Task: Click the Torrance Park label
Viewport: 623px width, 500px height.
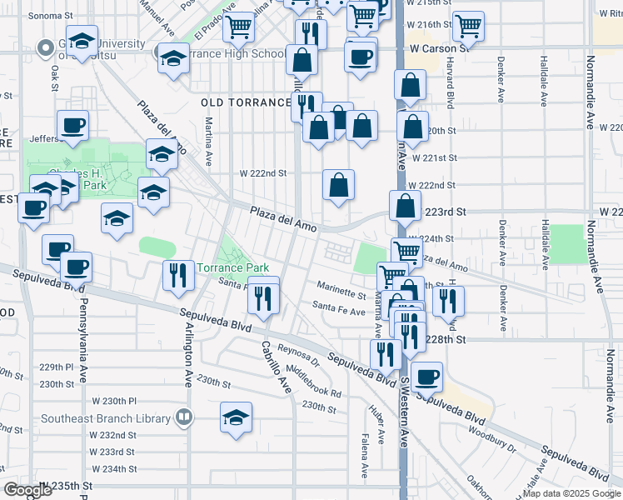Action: point(232,267)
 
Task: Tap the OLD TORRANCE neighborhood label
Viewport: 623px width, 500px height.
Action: point(246,102)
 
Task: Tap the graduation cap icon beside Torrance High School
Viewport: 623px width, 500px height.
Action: point(173,59)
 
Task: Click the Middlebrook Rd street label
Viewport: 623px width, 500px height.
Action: point(313,381)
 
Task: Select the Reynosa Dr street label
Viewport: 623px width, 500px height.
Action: point(300,357)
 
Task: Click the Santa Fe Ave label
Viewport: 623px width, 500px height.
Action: point(339,312)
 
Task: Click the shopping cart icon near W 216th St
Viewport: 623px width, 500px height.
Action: point(468,26)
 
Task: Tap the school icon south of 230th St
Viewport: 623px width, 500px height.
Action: point(237,416)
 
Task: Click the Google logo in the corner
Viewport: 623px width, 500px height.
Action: point(28,489)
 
